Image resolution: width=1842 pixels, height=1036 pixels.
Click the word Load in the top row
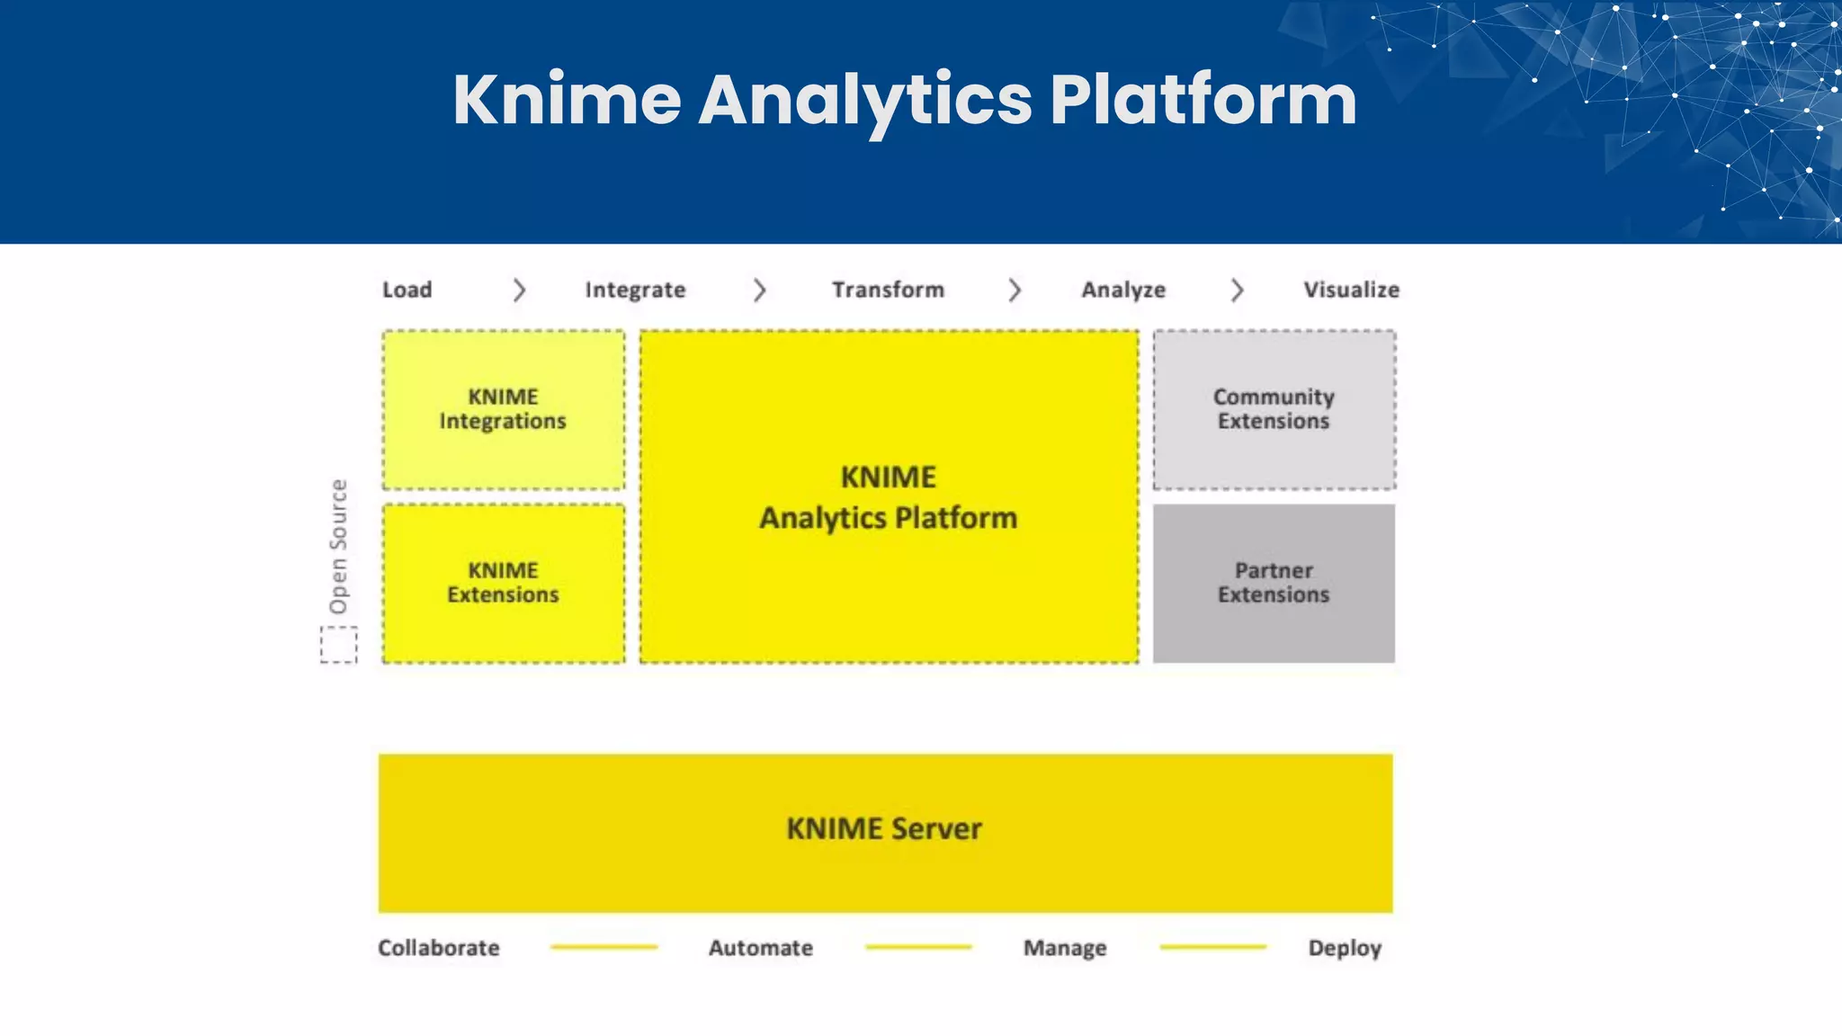pyautogui.click(x=407, y=290)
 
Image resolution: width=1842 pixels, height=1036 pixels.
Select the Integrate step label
pyautogui.click(x=635, y=290)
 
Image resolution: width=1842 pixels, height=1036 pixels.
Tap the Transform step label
pyautogui.click(x=888, y=290)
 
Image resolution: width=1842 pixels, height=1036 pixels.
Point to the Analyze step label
pyautogui.click(x=1123, y=290)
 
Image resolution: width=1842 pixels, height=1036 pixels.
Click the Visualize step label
pyautogui.click(x=1351, y=290)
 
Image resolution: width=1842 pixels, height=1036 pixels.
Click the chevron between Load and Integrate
pyautogui.click(x=519, y=290)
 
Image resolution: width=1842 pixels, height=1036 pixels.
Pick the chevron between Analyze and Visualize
pyautogui.click(x=1238, y=290)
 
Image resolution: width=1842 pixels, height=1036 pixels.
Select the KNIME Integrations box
pyautogui.click(x=503, y=409)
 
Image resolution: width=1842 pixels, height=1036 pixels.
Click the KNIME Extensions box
pyautogui.click(x=503, y=583)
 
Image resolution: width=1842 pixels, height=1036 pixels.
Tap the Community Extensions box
pyautogui.click(x=1274, y=409)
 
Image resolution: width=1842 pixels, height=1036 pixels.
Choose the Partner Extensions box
pyautogui.click(x=1274, y=583)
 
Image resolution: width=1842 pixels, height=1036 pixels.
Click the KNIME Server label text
pyautogui.click(x=884, y=828)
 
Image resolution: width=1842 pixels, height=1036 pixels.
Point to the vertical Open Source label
pyautogui.click(x=338, y=546)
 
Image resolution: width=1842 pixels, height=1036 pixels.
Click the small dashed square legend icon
pyautogui.click(x=339, y=645)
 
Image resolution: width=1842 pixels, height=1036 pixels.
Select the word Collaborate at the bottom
pyautogui.click(x=438, y=948)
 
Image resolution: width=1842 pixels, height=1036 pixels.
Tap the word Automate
pyautogui.click(x=760, y=948)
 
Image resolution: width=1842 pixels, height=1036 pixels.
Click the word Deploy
pyautogui.click(x=1345, y=948)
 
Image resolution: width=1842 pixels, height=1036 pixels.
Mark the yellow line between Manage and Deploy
pyautogui.click(x=1212, y=947)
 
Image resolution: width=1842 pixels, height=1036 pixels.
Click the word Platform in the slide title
pyautogui.click(x=1203, y=99)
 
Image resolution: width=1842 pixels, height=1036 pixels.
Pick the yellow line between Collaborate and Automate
pyautogui.click(x=604, y=947)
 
